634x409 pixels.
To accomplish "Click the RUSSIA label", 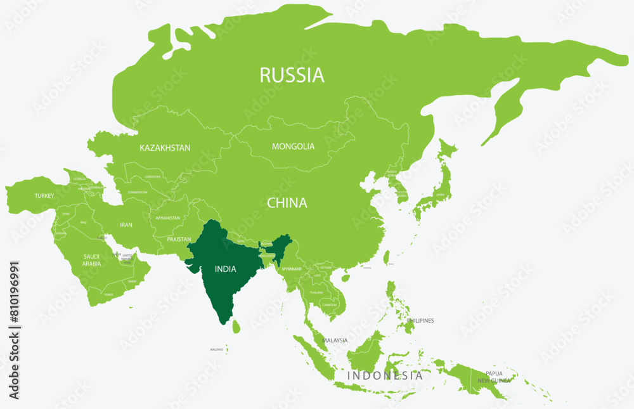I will pos(292,75).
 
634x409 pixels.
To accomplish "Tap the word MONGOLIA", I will pos(293,146).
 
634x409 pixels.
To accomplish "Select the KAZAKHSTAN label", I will pos(165,148).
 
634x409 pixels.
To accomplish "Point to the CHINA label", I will pos(287,204).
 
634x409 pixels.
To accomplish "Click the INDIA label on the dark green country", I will pos(225,269).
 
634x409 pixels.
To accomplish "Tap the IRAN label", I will pos(126,225).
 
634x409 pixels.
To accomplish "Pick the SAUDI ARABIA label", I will pos(91,260).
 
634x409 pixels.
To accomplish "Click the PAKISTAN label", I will pos(179,240).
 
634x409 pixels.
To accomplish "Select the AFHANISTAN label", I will pos(167,218).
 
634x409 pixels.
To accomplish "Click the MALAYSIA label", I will pos(335,341).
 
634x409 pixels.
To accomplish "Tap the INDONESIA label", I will pos(385,376).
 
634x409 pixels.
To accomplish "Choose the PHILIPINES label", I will pos(420,321).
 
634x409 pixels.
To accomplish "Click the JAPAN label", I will pos(439,195).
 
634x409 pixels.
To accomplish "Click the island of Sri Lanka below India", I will pos(236,327).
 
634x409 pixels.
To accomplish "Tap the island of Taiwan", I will pos(387,257).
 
